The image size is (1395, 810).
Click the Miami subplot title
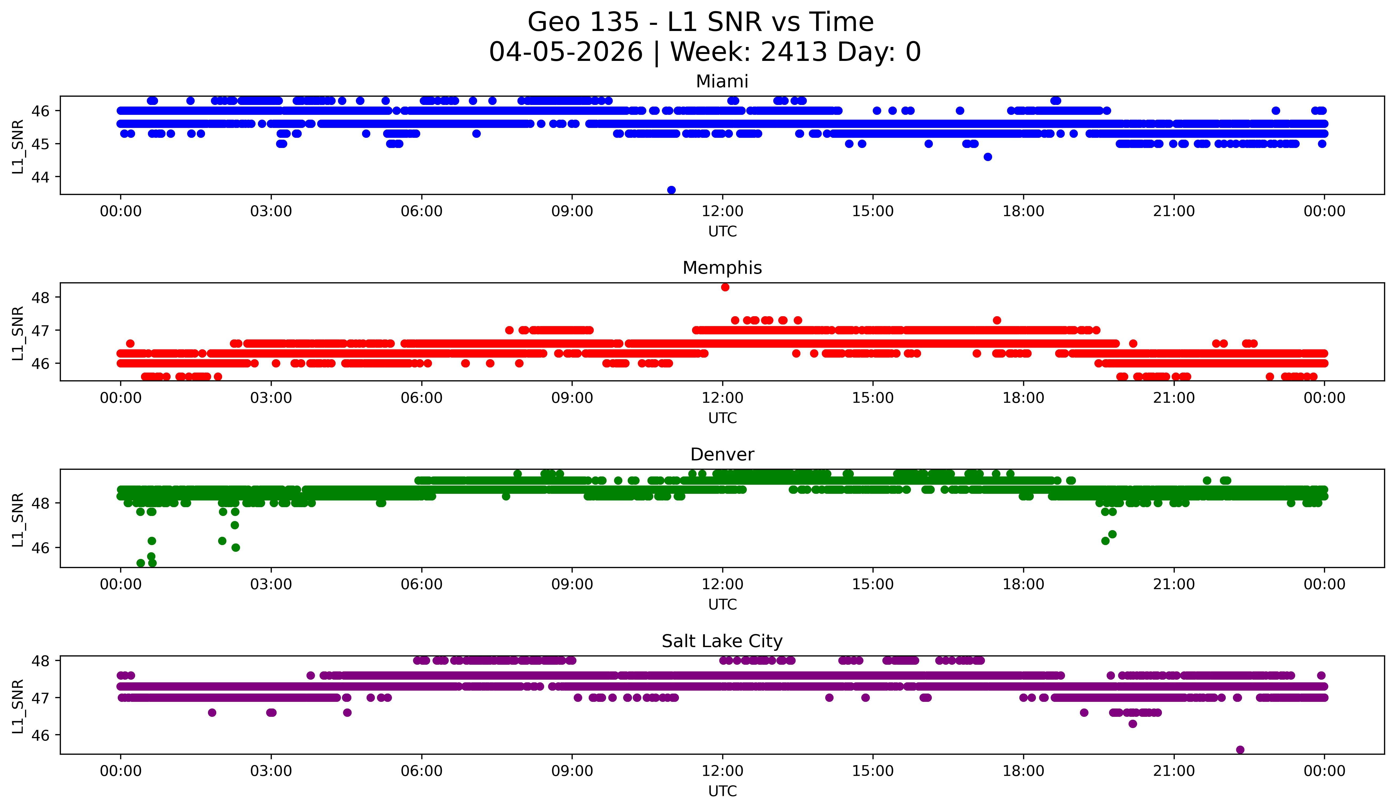(x=722, y=81)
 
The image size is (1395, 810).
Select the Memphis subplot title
(x=722, y=268)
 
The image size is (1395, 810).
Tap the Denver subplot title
(x=722, y=455)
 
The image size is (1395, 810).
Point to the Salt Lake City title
(x=722, y=641)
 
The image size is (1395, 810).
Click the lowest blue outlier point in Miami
(x=671, y=190)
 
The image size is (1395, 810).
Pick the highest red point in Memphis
(x=725, y=287)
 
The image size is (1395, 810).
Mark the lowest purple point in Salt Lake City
(x=1240, y=750)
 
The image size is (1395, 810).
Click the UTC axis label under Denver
(x=722, y=605)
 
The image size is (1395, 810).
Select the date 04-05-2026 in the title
(x=566, y=52)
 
